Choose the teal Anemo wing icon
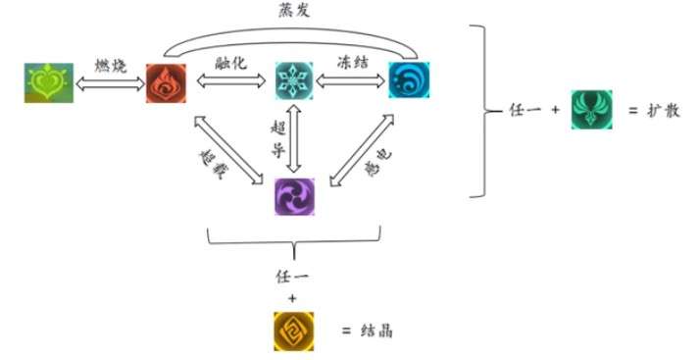[591, 111]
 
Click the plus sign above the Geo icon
[292, 294]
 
